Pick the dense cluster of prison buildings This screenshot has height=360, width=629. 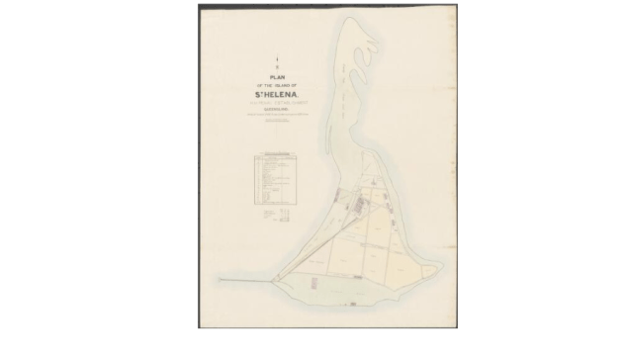(x=361, y=208)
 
